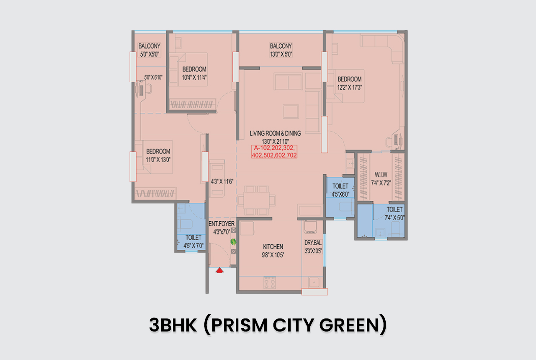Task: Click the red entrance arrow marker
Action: point(219,271)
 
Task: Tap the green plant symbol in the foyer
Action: point(233,242)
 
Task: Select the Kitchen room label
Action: point(273,247)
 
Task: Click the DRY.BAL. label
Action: point(313,243)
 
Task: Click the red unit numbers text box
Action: point(274,152)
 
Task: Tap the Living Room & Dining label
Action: point(275,133)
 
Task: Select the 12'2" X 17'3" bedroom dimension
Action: point(350,87)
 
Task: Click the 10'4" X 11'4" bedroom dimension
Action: point(194,77)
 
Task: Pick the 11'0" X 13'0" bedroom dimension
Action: point(158,159)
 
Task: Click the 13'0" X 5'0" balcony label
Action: point(281,54)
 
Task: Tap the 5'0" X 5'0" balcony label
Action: point(149,54)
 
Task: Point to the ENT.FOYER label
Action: point(221,224)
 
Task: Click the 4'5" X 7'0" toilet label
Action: point(193,246)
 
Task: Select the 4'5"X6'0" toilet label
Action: point(340,194)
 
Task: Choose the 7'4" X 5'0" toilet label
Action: point(394,218)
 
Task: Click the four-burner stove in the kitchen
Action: point(270,283)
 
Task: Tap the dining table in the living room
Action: point(257,200)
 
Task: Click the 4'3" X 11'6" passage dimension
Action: point(222,181)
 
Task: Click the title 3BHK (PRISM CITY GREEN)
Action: point(268,325)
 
